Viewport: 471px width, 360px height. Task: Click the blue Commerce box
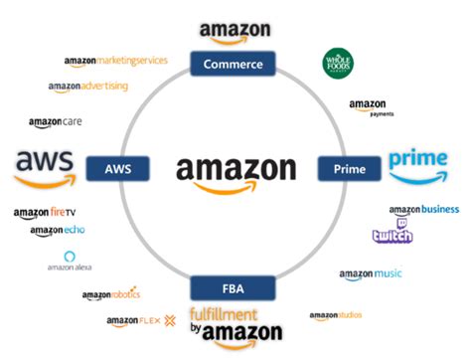pos(234,65)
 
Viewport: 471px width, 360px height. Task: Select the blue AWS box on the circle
pos(117,168)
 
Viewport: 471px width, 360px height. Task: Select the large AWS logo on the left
pos(43,166)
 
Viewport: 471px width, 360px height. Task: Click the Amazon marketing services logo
pos(115,62)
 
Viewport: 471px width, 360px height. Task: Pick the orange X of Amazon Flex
pos(170,321)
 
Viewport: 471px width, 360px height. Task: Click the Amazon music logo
pos(370,274)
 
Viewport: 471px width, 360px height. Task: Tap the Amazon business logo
pos(423,210)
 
